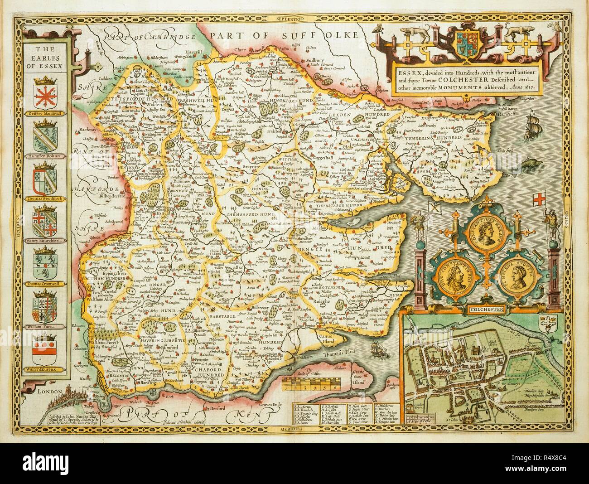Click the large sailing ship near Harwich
534,124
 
